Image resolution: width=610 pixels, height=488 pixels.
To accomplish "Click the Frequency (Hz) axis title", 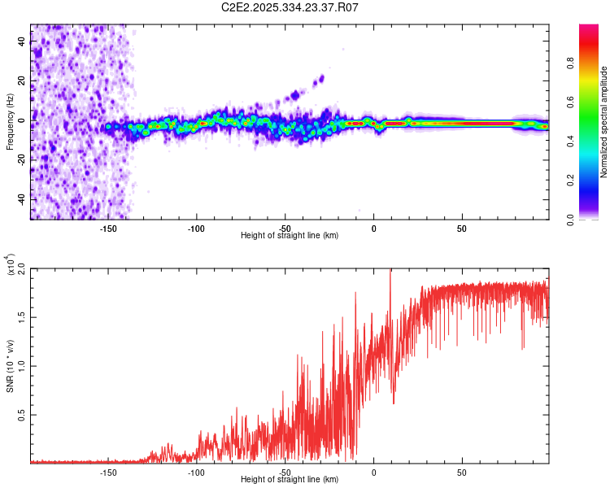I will click(x=10, y=122).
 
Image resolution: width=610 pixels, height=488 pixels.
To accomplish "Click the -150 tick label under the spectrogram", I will click(x=108, y=229).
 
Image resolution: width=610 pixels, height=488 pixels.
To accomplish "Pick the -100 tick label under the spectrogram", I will click(x=196, y=229).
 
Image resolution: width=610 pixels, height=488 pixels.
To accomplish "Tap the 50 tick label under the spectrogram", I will click(x=461, y=229).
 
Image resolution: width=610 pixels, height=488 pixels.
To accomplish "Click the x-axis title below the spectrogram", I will click(x=290, y=236).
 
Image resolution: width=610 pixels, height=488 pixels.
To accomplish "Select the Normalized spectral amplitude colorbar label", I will click(x=603, y=122).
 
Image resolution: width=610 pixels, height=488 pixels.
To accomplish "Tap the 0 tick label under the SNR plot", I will click(x=373, y=473).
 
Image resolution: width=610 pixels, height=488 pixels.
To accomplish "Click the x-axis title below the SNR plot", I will click(x=290, y=480).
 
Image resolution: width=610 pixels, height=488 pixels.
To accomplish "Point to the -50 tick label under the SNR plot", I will click(x=285, y=473).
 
